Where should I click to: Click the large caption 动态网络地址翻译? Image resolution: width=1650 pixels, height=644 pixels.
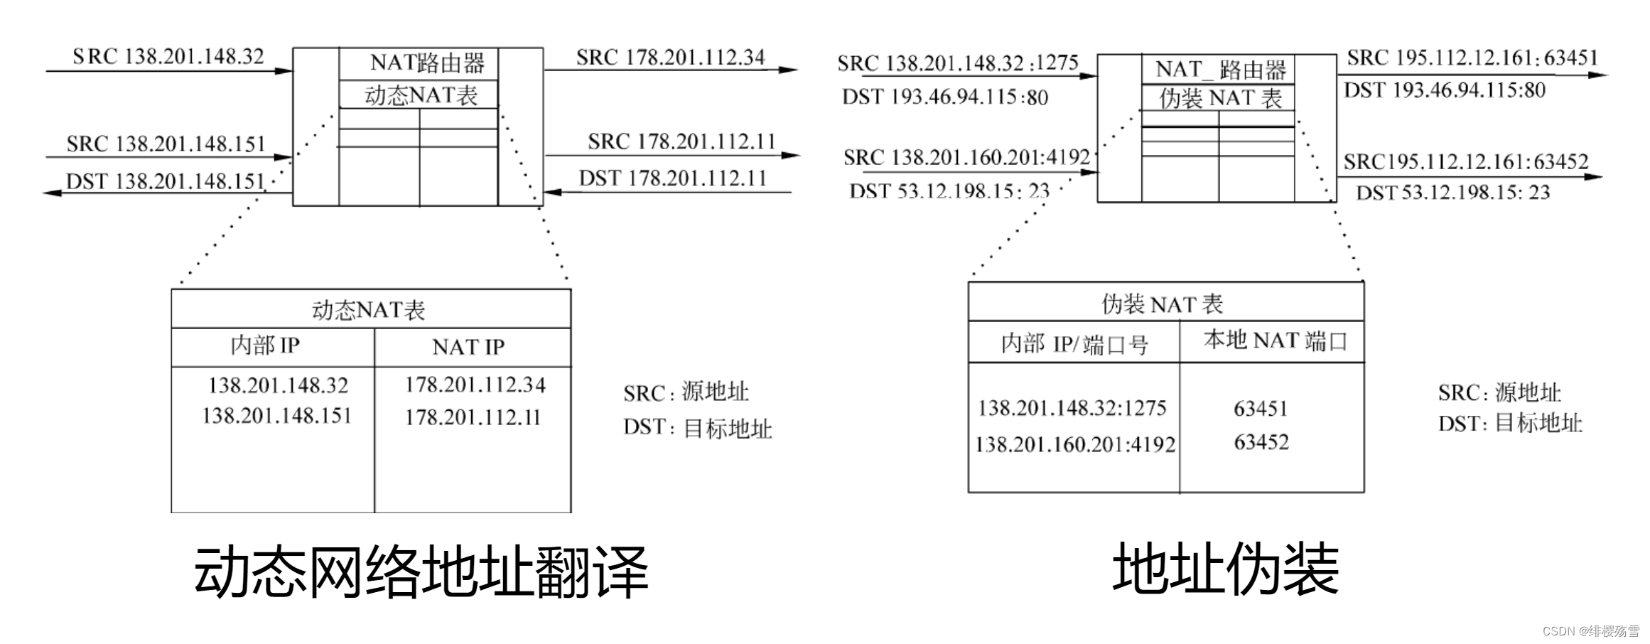tap(421, 571)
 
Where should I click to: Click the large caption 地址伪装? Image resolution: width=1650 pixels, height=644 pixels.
tap(1225, 569)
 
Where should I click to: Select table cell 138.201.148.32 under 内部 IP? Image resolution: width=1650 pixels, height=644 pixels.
tap(278, 386)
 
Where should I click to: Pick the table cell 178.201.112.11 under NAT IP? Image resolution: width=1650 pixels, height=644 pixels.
tap(473, 417)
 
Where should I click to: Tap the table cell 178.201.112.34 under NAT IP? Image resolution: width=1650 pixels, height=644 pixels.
tap(475, 385)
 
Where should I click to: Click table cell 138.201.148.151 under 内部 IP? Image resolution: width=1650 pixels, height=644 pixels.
tap(277, 416)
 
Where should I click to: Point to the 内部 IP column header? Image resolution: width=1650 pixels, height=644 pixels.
tap(265, 346)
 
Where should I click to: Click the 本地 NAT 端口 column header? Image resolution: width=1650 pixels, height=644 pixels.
tap(1275, 341)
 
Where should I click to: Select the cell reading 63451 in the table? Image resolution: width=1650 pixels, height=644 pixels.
tap(1261, 409)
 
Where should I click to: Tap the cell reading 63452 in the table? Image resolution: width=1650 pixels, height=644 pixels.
tap(1261, 442)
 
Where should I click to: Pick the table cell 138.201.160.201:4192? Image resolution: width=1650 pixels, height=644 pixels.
tap(1074, 445)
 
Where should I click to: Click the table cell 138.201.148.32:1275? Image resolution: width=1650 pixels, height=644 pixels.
tap(1072, 408)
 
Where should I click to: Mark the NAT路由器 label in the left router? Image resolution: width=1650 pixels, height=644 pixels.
tap(427, 64)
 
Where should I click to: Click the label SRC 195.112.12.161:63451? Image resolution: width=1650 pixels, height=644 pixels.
tap(1472, 58)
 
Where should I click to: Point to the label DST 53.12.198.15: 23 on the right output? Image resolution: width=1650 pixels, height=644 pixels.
tap(1452, 193)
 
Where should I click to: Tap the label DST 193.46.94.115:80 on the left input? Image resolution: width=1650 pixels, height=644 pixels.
tap(945, 97)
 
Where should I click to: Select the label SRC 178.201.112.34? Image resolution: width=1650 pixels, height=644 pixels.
tap(670, 57)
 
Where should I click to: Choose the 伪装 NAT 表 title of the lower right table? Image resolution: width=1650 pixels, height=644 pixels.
tap(1162, 304)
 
